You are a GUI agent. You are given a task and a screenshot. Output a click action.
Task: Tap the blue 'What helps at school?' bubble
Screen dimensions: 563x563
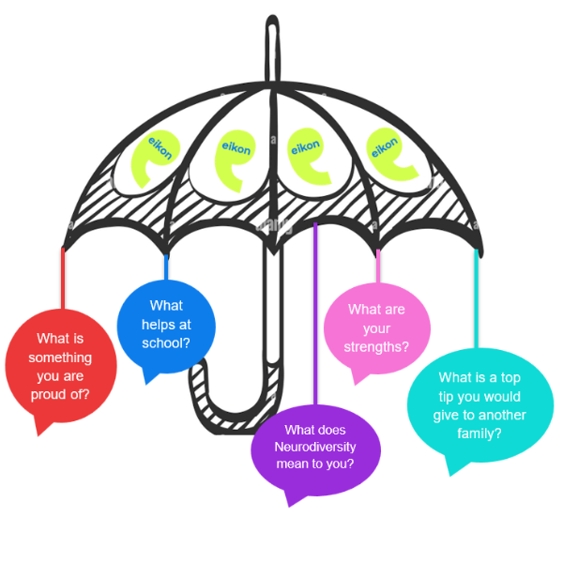[x=166, y=324]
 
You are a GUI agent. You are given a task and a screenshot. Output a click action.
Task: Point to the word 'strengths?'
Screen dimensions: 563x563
[x=377, y=346]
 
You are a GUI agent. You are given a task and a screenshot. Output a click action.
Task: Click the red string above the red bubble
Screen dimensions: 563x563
[x=63, y=277]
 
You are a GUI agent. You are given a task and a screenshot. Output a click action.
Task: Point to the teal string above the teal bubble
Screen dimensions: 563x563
[x=476, y=300]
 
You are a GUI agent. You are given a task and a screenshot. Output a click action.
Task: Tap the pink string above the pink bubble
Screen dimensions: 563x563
[x=378, y=267]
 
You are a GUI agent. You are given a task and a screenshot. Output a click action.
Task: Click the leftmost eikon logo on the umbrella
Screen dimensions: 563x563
[x=153, y=156]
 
